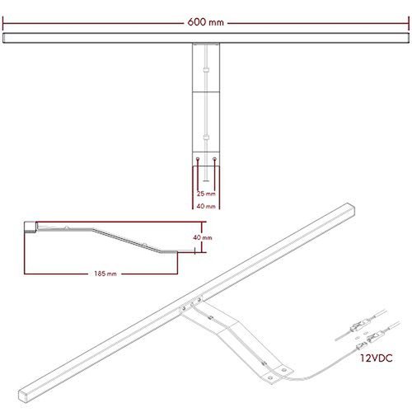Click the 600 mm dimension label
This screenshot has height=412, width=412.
(205, 23)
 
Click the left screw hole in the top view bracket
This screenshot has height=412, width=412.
(199, 159)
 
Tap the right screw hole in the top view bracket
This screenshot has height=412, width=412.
(214, 159)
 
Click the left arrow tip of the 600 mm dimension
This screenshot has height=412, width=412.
(4, 23)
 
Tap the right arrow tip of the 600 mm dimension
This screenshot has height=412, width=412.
(407, 23)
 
